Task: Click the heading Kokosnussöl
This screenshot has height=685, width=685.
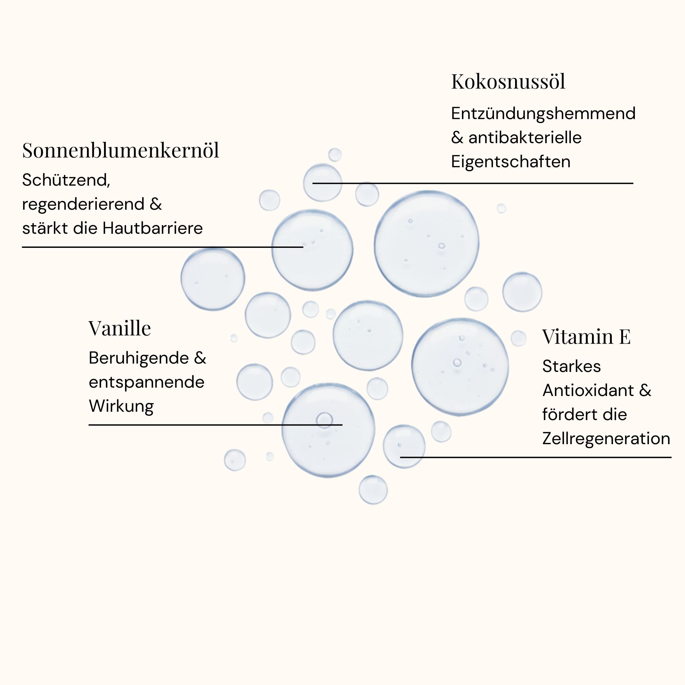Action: [x=508, y=82]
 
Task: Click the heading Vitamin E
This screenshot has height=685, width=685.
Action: [x=586, y=336]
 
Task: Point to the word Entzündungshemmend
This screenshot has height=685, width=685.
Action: [x=543, y=113]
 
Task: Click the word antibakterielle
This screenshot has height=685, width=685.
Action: [x=525, y=137]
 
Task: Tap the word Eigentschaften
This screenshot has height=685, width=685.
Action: [x=510, y=162]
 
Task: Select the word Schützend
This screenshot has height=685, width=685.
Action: [x=66, y=180]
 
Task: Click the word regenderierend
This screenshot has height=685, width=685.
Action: [x=83, y=204]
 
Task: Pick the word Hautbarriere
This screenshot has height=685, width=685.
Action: [x=153, y=228]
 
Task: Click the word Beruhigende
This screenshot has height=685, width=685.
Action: [x=138, y=358]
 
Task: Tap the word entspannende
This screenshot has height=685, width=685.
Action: [x=146, y=382]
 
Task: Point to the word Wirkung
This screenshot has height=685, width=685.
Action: [x=121, y=406]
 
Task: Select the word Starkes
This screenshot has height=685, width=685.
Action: [x=571, y=366]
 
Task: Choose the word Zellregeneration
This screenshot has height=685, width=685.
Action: [x=606, y=438]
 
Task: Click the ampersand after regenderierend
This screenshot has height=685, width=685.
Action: [x=156, y=204]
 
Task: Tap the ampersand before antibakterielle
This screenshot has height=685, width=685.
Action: [x=457, y=137]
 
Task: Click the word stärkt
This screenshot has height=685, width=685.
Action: [x=45, y=228]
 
